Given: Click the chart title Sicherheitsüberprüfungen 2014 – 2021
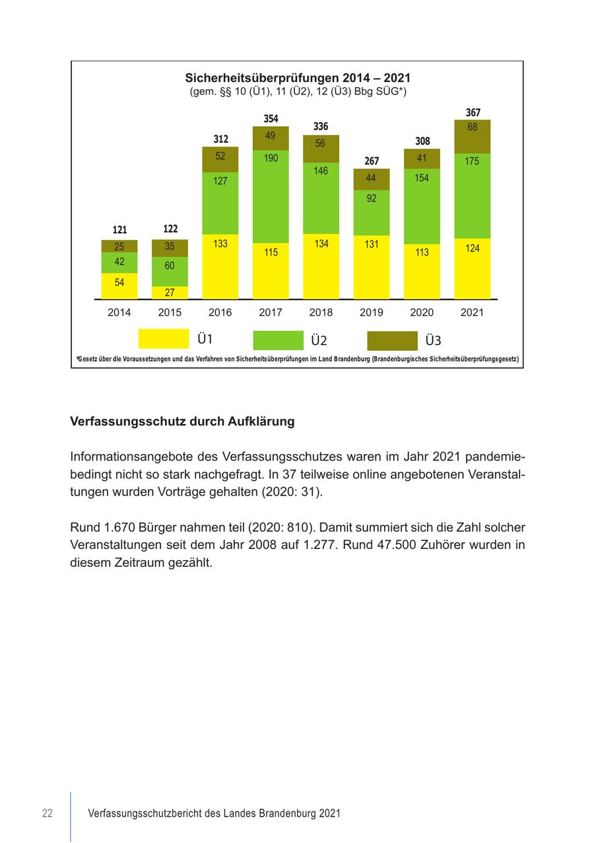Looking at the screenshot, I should pyautogui.click(x=298, y=78).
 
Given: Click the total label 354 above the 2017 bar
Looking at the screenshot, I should pyautogui.click(x=271, y=119).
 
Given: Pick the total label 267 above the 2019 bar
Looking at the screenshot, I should pyautogui.click(x=372, y=161).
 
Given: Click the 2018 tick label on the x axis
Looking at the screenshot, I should pyautogui.click(x=321, y=312).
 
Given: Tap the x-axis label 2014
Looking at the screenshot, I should pyautogui.click(x=119, y=312).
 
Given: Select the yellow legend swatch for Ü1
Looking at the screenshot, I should pyautogui.click(x=163, y=339).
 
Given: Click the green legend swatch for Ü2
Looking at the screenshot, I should pyautogui.click(x=278, y=340).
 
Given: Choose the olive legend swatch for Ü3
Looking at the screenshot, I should pyautogui.click(x=392, y=340).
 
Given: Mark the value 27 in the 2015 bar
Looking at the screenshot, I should pyautogui.click(x=170, y=293).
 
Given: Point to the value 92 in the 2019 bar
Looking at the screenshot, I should pyautogui.click(x=372, y=198).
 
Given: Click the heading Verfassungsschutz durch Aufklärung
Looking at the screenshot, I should pyautogui.click(x=182, y=421).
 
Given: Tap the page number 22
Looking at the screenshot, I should pyautogui.click(x=48, y=813).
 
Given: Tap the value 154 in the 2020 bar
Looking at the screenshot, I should pyautogui.click(x=422, y=178).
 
